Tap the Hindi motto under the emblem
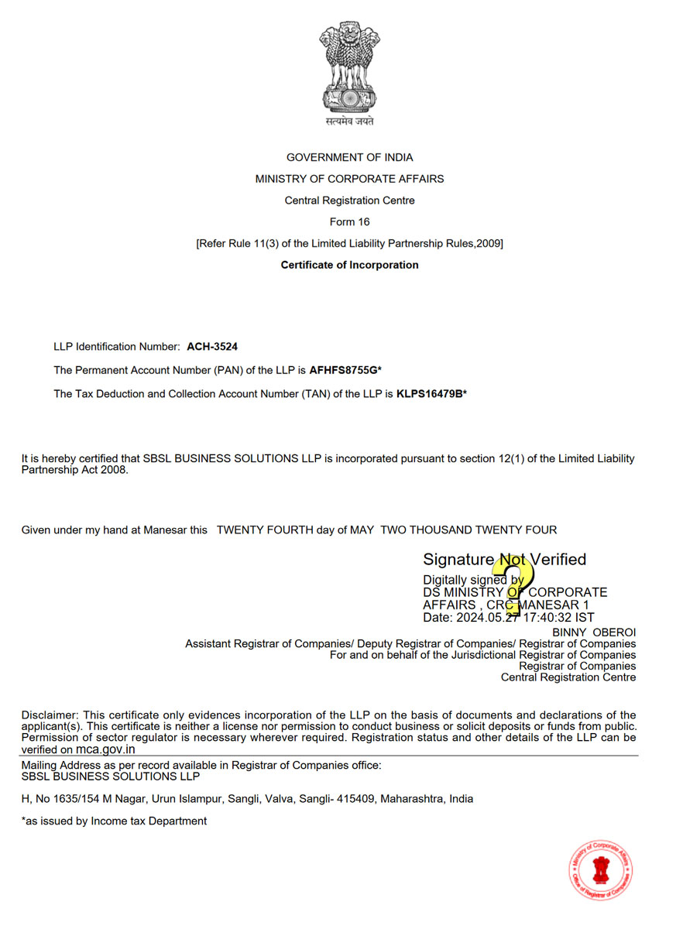[x=349, y=122]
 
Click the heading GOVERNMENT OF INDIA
[x=349, y=157]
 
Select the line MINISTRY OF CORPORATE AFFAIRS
[x=349, y=179]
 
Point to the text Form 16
[x=349, y=221]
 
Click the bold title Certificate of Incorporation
[x=349, y=265]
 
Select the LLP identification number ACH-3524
[x=212, y=347]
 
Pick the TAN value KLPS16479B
[x=429, y=394]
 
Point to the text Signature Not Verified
[x=504, y=559]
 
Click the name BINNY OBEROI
[x=594, y=632]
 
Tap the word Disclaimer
[x=50, y=715]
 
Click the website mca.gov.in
[x=105, y=749]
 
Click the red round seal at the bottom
[x=601, y=870]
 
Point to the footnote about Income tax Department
[x=114, y=821]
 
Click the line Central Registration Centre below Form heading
[x=349, y=201]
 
